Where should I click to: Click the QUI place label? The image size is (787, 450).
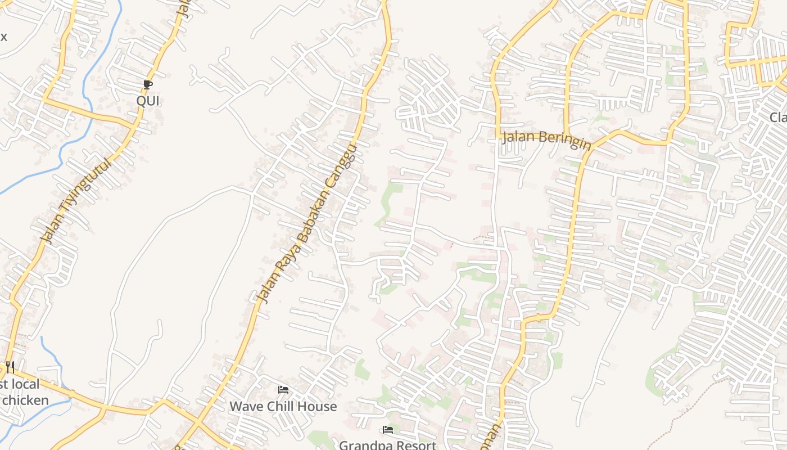click(148, 101)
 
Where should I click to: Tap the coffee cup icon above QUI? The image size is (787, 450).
click(148, 85)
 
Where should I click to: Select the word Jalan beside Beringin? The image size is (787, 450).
click(517, 136)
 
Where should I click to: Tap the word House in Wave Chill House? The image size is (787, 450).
click(318, 406)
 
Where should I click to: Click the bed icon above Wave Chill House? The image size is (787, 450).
click(283, 389)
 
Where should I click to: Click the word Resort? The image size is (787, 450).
click(417, 445)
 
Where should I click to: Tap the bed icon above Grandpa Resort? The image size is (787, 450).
click(387, 430)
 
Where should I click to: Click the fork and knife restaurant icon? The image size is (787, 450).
click(10, 367)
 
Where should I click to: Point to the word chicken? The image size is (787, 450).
click(25, 400)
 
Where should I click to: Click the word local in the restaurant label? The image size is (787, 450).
click(25, 385)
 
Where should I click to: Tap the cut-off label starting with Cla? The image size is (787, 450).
click(779, 117)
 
